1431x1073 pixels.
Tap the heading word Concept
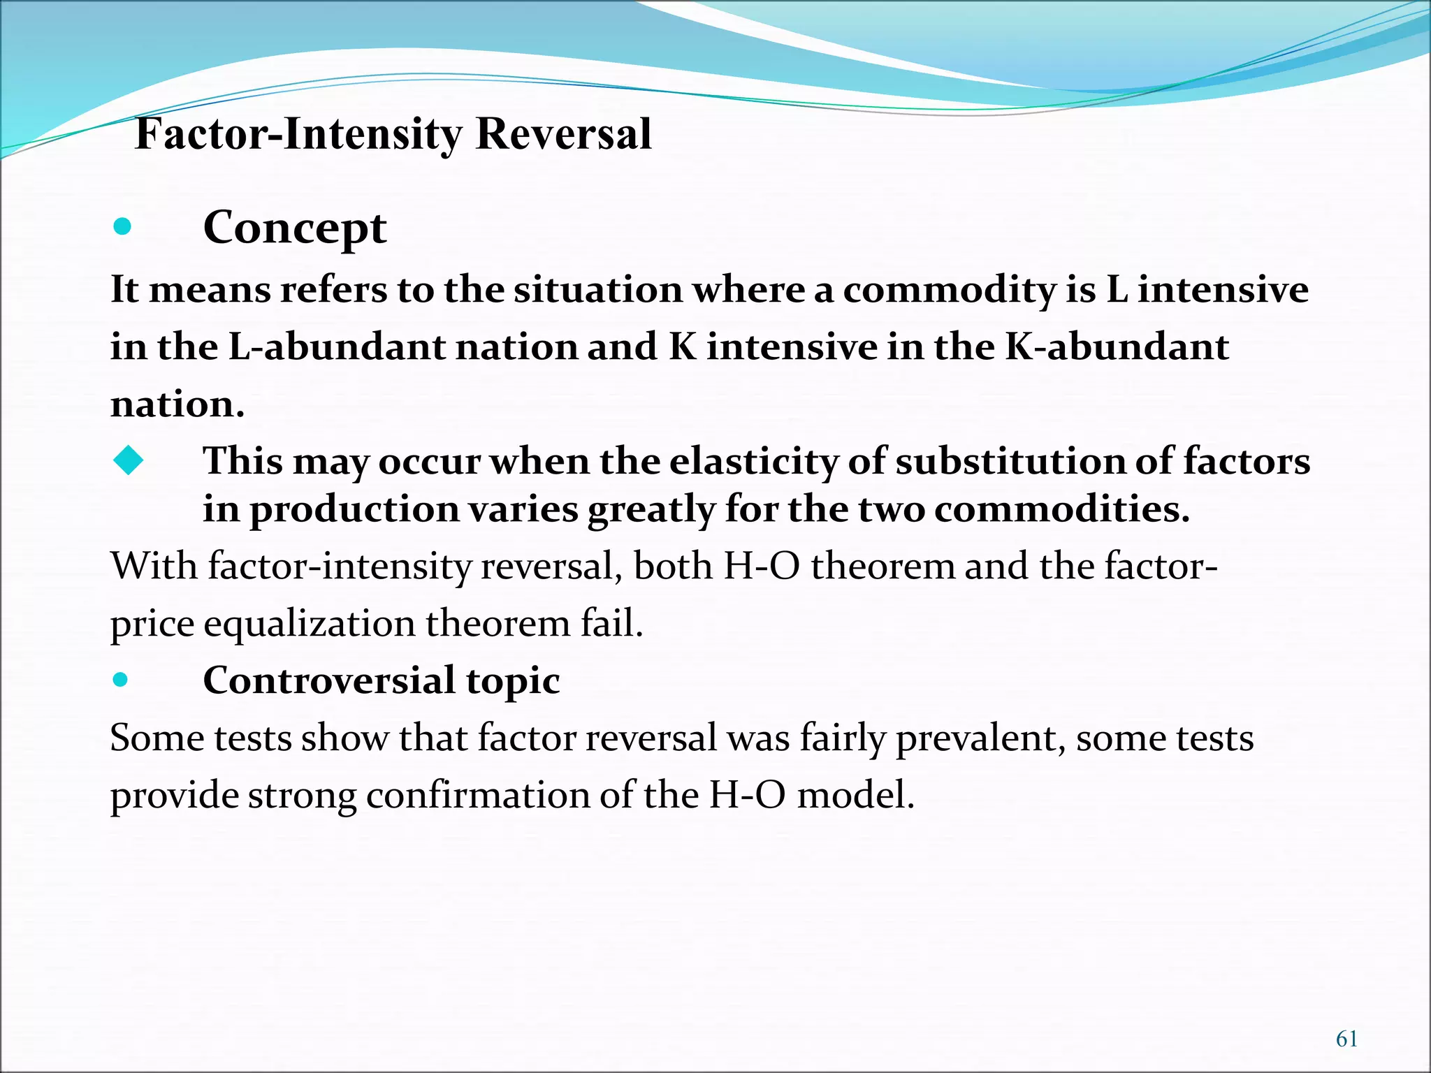coord(294,228)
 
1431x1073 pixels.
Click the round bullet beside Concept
coord(122,226)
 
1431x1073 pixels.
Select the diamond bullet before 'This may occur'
coord(128,460)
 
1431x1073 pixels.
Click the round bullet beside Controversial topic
coord(121,679)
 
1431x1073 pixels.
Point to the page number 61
coord(1346,1039)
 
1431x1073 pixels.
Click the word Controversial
coord(328,680)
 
